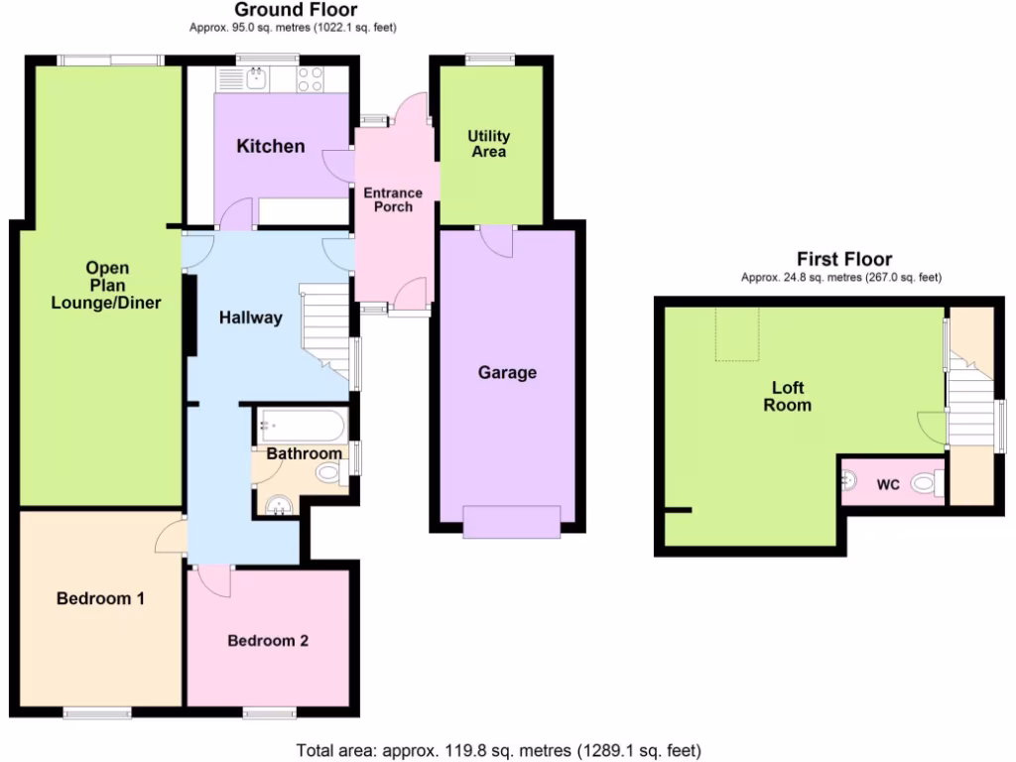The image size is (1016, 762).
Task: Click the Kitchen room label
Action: pyautogui.click(x=270, y=146)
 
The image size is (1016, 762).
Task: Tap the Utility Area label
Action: pyautogui.click(x=489, y=144)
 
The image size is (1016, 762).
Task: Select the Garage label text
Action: pyautogui.click(x=507, y=372)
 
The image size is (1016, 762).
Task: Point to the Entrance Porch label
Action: pyautogui.click(x=392, y=199)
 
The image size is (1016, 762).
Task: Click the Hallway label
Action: pyautogui.click(x=251, y=317)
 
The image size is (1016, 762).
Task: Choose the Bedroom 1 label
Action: pyautogui.click(x=101, y=598)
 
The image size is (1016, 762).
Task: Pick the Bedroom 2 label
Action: pyautogui.click(x=268, y=640)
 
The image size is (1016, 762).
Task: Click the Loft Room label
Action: pyautogui.click(x=788, y=396)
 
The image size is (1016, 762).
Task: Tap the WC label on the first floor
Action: pyautogui.click(x=888, y=485)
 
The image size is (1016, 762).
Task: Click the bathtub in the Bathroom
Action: pyautogui.click(x=301, y=427)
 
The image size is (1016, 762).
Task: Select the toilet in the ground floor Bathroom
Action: pyautogui.click(x=328, y=473)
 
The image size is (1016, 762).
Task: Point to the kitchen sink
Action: pyautogui.click(x=257, y=78)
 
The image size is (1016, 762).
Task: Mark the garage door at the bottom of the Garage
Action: pyautogui.click(x=511, y=521)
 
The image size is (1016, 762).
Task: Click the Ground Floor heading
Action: pyautogui.click(x=295, y=10)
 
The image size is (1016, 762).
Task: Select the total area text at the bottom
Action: pyautogui.click(x=499, y=750)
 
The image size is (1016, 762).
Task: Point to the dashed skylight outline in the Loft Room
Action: pyautogui.click(x=737, y=332)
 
